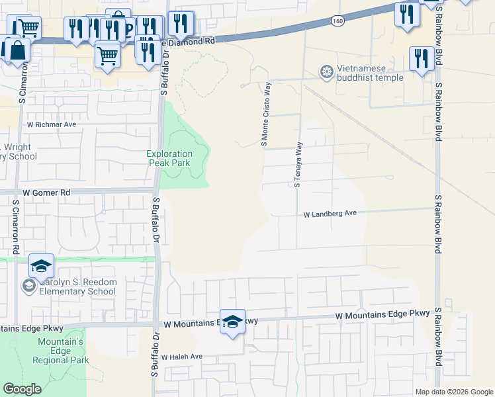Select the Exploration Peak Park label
[169, 158]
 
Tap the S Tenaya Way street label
[298, 164]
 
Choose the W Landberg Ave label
[330, 214]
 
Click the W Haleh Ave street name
[181, 356]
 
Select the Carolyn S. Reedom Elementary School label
[73, 287]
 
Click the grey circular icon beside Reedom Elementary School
[28, 286]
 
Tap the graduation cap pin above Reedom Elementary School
[41, 267]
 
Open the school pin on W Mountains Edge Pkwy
[232, 322]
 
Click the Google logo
[22, 389]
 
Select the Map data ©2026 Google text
[454, 392]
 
